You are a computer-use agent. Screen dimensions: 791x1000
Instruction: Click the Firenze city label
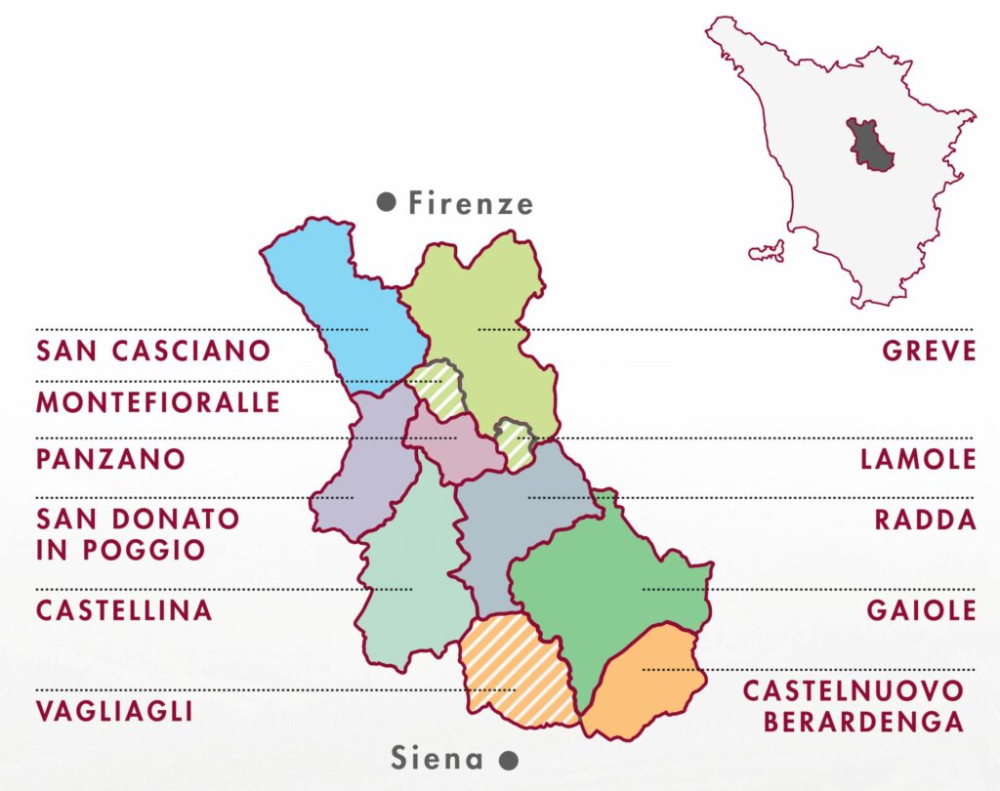click(471, 203)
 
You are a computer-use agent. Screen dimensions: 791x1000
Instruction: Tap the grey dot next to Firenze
click(386, 202)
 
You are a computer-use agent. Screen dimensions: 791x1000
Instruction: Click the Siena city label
click(437, 758)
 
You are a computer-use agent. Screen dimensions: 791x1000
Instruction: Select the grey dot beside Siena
click(507, 759)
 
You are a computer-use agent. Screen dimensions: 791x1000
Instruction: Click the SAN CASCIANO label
click(153, 351)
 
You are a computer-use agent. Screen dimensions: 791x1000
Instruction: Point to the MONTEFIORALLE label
click(158, 401)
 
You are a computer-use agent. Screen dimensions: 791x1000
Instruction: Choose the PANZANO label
click(110, 459)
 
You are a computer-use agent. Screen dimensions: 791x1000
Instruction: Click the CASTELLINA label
click(124, 610)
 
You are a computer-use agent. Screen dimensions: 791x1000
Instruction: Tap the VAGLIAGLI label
click(114, 710)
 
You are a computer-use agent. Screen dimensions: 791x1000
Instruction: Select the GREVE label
click(929, 351)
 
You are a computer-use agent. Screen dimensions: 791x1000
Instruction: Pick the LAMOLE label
click(918, 459)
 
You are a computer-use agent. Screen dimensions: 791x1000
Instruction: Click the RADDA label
click(926, 520)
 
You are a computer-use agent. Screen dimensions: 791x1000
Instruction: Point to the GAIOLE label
click(921, 610)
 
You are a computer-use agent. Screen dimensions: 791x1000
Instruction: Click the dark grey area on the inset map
click(867, 145)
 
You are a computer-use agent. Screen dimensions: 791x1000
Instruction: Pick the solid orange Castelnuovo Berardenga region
click(645, 684)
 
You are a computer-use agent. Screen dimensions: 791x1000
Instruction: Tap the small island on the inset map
click(768, 251)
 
